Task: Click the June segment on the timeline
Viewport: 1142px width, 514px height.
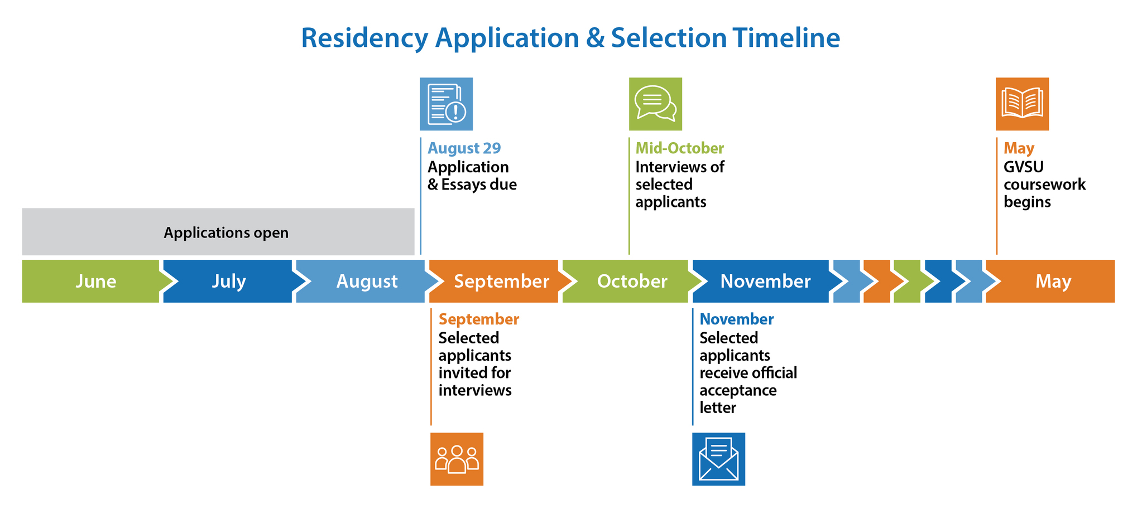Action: point(92,281)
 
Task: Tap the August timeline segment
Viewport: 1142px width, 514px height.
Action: point(366,281)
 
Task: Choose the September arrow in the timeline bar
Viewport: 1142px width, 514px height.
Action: point(500,281)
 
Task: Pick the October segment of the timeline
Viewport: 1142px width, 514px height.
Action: point(631,281)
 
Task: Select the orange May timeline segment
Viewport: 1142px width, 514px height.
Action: point(1052,281)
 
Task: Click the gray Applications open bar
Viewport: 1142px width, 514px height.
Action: point(218,232)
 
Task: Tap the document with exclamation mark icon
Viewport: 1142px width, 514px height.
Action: point(446,104)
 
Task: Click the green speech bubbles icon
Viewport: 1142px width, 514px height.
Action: point(655,104)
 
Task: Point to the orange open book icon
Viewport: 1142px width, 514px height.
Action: point(1022,104)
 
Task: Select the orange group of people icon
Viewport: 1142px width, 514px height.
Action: point(457,459)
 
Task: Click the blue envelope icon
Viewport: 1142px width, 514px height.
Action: point(718,459)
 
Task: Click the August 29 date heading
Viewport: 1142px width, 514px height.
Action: point(464,148)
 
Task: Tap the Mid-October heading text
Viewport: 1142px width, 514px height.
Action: point(679,148)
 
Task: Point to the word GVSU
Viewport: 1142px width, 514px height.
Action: point(1023,167)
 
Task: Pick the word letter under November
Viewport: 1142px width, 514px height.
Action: point(717,408)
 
